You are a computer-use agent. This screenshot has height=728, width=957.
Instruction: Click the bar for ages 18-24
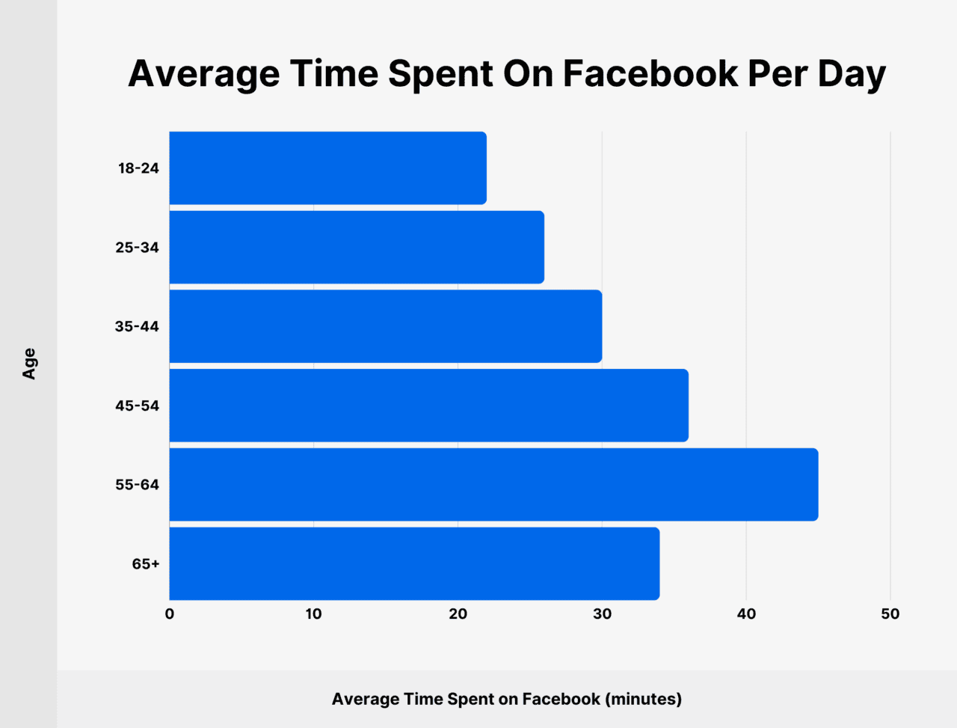pyautogui.click(x=327, y=168)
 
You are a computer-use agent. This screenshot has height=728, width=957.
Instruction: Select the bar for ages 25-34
pyautogui.click(x=357, y=248)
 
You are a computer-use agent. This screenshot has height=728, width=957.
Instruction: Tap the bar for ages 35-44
pyautogui.click(x=385, y=326)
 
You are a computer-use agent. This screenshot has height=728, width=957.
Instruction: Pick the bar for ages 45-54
pyautogui.click(x=428, y=406)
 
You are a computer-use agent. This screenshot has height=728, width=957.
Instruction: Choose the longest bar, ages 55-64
pyautogui.click(x=493, y=485)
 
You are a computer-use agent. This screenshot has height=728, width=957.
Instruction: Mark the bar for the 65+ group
pyautogui.click(x=414, y=563)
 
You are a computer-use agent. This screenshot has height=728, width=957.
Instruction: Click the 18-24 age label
pyautogui.click(x=138, y=168)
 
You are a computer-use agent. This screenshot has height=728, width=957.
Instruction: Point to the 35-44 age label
pyautogui.click(x=137, y=326)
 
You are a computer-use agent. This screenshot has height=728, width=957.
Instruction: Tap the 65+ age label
pyautogui.click(x=146, y=563)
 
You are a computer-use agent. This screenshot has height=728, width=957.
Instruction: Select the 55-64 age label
pyautogui.click(x=137, y=485)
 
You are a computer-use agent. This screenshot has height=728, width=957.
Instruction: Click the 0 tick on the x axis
pyautogui.click(x=170, y=614)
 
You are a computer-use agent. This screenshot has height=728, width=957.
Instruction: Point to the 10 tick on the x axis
pyautogui.click(x=313, y=614)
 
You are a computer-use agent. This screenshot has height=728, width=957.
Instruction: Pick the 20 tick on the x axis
pyautogui.click(x=458, y=614)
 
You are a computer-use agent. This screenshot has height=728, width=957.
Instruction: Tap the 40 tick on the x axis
pyautogui.click(x=746, y=614)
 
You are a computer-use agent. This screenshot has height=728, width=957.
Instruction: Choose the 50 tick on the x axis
pyautogui.click(x=890, y=614)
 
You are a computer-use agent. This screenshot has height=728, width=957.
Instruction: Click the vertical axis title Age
pyautogui.click(x=29, y=364)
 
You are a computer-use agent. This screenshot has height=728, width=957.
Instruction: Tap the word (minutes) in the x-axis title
pyautogui.click(x=643, y=699)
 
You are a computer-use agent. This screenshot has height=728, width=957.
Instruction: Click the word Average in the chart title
pyautogui.click(x=203, y=74)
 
